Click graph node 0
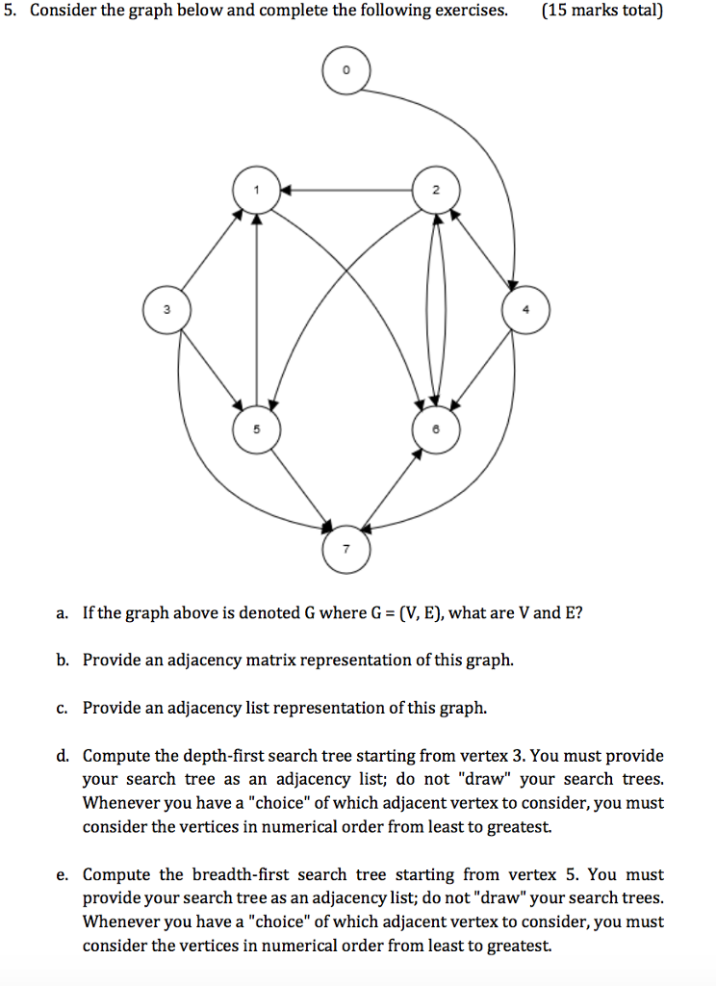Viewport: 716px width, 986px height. tap(345, 71)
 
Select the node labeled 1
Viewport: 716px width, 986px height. tap(256, 190)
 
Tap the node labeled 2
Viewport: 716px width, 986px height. tap(436, 190)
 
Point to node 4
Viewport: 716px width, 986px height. tap(525, 310)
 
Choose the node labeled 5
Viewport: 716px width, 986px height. tap(256, 429)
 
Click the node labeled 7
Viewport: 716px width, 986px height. tap(345, 548)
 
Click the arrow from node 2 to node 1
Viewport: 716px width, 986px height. tap(345, 190)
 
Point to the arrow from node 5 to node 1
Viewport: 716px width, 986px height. tap(256, 308)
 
